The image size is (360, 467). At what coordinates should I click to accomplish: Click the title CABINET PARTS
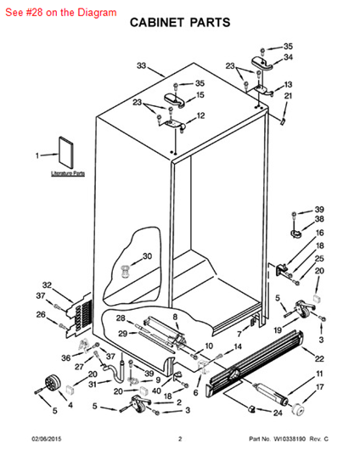179,26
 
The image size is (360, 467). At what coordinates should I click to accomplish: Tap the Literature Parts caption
67,173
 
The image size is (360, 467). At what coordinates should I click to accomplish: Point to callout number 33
142,65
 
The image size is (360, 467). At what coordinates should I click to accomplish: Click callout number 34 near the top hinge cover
287,58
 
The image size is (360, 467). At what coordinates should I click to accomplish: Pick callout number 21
287,97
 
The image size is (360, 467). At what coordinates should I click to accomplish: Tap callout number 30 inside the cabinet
147,256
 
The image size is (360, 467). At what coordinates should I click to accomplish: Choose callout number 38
319,219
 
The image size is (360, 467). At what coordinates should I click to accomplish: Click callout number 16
319,233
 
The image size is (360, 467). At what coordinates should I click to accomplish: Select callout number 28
121,318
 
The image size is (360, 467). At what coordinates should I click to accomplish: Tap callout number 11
319,374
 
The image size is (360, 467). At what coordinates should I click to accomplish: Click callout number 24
277,414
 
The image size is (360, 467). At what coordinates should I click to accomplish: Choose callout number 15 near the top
200,95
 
